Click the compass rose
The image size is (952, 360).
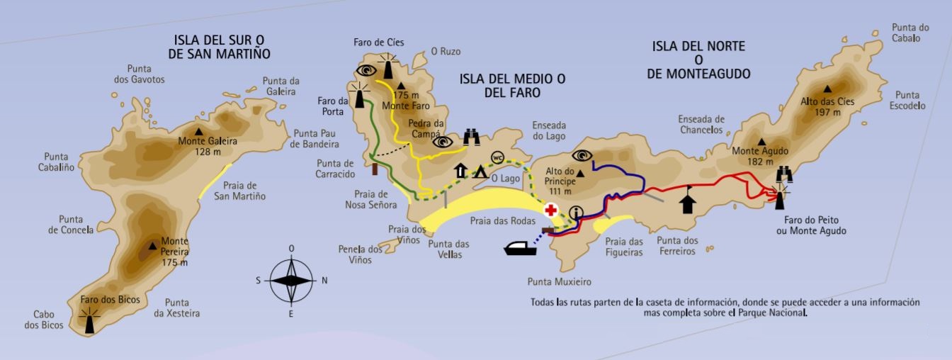(292, 280)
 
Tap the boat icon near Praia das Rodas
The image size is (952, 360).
(525, 248)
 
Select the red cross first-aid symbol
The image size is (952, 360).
(550, 210)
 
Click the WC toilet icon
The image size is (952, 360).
(497, 157)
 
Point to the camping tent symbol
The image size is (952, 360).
(480, 171)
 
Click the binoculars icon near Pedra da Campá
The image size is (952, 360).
(472, 137)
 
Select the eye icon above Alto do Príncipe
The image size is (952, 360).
(582, 155)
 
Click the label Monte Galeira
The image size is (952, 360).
(208, 141)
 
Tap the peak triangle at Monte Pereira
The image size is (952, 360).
(152, 247)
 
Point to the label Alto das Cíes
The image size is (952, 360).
(827, 101)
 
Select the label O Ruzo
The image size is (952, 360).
(446, 52)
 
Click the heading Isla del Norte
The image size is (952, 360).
(698, 46)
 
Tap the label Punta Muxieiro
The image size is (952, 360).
(559, 281)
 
